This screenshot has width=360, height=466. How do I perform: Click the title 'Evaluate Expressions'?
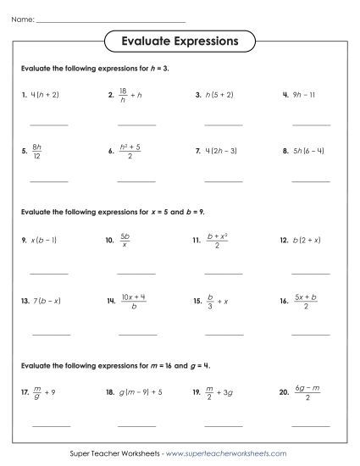click(x=180, y=41)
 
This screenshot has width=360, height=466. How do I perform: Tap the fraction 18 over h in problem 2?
click(x=123, y=96)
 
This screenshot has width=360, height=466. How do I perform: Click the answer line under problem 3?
click(x=223, y=125)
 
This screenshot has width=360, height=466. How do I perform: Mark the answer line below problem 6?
click(x=136, y=181)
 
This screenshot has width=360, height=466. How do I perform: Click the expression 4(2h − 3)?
click(x=225, y=153)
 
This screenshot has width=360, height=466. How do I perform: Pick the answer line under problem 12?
click(x=311, y=272)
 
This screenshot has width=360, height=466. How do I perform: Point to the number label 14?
click(x=111, y=301)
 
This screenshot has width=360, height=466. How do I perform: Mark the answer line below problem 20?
click(x=311, y=424)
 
